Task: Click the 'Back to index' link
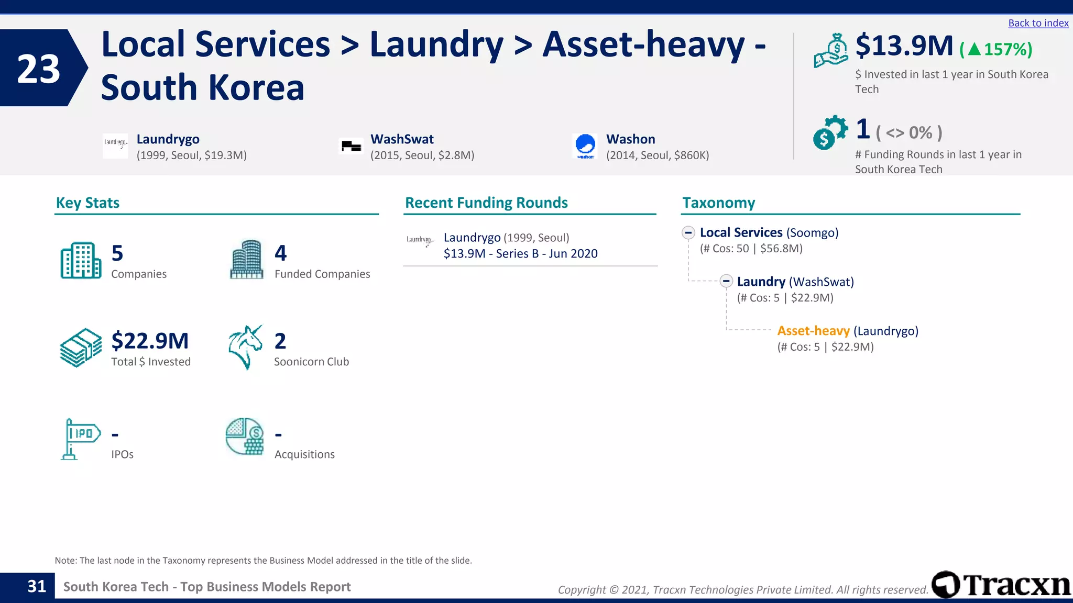click(x=1038, y=23)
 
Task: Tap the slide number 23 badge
click(x=39, y=69)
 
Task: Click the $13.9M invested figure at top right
click(x=904, y=46)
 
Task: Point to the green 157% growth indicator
click(x=996, y=49)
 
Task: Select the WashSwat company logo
click(x=351, y=146)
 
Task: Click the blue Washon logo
click(x=585, y=146)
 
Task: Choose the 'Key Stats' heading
click(x=87, y=203)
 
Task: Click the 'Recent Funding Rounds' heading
click(x=486, y=203)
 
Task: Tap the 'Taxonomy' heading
click(x=718, y=203)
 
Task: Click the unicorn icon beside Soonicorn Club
click(x=245, y=347)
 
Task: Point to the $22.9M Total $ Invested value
click(x=150, y=341)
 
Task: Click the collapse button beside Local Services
click(x=688, y=232)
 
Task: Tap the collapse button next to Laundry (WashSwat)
click(x=726, y=282)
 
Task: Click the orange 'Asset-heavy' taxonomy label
click(x=813, y=331)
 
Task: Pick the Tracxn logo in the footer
click(x=1001, y=585)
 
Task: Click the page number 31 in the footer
click(x=37, y=586)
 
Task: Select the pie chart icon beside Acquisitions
click(x=245, y=437)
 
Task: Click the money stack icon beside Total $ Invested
click(x=81, y=348)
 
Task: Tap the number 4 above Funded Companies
click(x=280, y=253)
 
